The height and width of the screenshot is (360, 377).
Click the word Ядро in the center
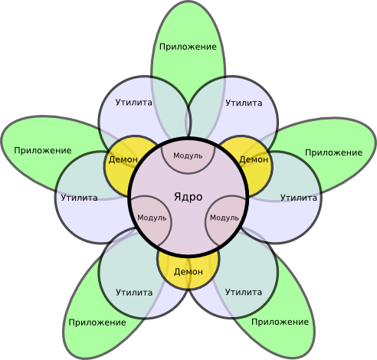coord(188,197)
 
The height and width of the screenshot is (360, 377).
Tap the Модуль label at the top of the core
coord(188,155)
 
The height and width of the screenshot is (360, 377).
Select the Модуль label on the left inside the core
coord(151,218)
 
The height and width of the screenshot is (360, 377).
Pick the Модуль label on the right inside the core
coord(225,218)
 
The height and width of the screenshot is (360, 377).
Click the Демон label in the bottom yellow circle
coord(188,271)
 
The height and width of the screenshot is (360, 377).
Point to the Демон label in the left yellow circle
coord(123,159)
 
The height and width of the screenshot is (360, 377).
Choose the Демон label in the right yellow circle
coord(254,159)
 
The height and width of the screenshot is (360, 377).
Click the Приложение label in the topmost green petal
coord(188,47)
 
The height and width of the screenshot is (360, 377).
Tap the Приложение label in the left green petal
coord(43,150)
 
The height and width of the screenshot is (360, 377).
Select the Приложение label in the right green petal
coord(333,152)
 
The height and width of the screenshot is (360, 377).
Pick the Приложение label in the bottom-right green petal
coord(280,322)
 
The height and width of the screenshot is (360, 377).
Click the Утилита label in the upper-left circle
coord(133,102)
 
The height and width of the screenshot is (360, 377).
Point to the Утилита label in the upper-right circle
coord(244,102)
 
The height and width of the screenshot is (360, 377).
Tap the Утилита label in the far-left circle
coord(79,198)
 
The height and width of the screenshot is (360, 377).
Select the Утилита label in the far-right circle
coord(298,198)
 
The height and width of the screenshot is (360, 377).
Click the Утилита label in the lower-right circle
coord(244,292)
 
